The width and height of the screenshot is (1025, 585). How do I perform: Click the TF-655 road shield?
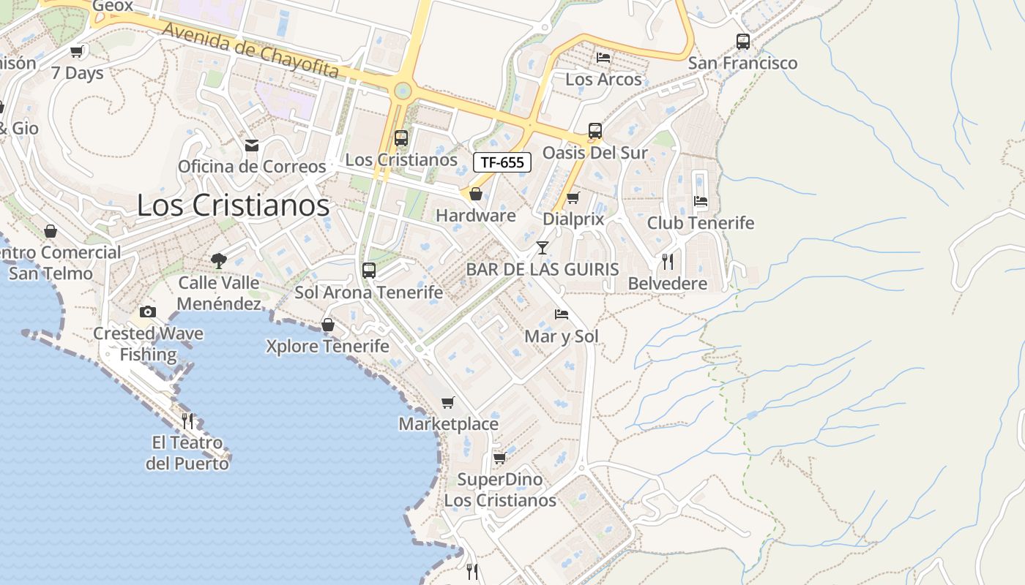point(502,162)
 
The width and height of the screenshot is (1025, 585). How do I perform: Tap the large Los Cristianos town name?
point(233,205)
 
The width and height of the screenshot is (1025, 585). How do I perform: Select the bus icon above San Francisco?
point(743,42)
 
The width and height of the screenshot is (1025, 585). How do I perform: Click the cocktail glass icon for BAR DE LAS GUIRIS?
point(542,248)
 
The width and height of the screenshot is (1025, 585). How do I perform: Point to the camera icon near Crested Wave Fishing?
point(148,312)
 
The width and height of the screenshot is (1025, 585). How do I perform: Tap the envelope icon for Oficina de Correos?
point(252,146)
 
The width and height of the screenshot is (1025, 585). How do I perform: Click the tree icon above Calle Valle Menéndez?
point(218,260)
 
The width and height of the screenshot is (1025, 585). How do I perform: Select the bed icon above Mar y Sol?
point(562,314)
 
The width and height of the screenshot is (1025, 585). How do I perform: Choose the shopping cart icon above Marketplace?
point(448,402)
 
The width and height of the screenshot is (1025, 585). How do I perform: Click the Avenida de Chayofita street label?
point(250,50)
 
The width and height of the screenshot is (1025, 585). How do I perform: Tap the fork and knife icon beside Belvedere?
point(667,261)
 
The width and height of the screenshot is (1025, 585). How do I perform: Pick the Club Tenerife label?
point(701,222)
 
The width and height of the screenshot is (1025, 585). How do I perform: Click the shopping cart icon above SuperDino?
point(499,458)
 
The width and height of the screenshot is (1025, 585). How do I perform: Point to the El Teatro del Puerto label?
point(187,453)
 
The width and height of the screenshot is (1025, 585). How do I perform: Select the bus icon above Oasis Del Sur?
point(595,132)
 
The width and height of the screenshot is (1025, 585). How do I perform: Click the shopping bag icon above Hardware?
point(476,194)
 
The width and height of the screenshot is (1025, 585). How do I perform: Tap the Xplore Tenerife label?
point(327,346)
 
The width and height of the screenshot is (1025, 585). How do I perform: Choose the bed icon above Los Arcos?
point(603,57)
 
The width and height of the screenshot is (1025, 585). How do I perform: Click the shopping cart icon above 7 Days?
point(77,51)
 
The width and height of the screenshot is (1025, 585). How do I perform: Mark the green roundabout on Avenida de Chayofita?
point(401,91)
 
